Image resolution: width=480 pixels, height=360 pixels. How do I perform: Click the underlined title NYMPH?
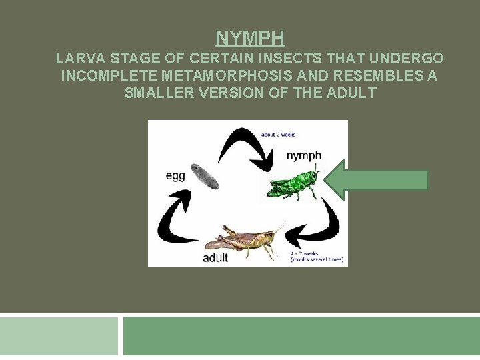(250, 37)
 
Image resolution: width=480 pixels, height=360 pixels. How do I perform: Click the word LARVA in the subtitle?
(77, 59)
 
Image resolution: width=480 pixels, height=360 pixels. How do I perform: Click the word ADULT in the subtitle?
(352, 93)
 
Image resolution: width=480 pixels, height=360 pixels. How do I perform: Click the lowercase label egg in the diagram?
(175, 176)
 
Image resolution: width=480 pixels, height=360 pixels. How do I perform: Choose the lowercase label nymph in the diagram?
(303, 155)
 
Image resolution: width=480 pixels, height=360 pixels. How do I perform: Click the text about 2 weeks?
(278, 135)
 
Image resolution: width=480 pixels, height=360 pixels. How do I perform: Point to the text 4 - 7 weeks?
(303, 253)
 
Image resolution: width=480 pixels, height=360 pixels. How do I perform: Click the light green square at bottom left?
(59, 336)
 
